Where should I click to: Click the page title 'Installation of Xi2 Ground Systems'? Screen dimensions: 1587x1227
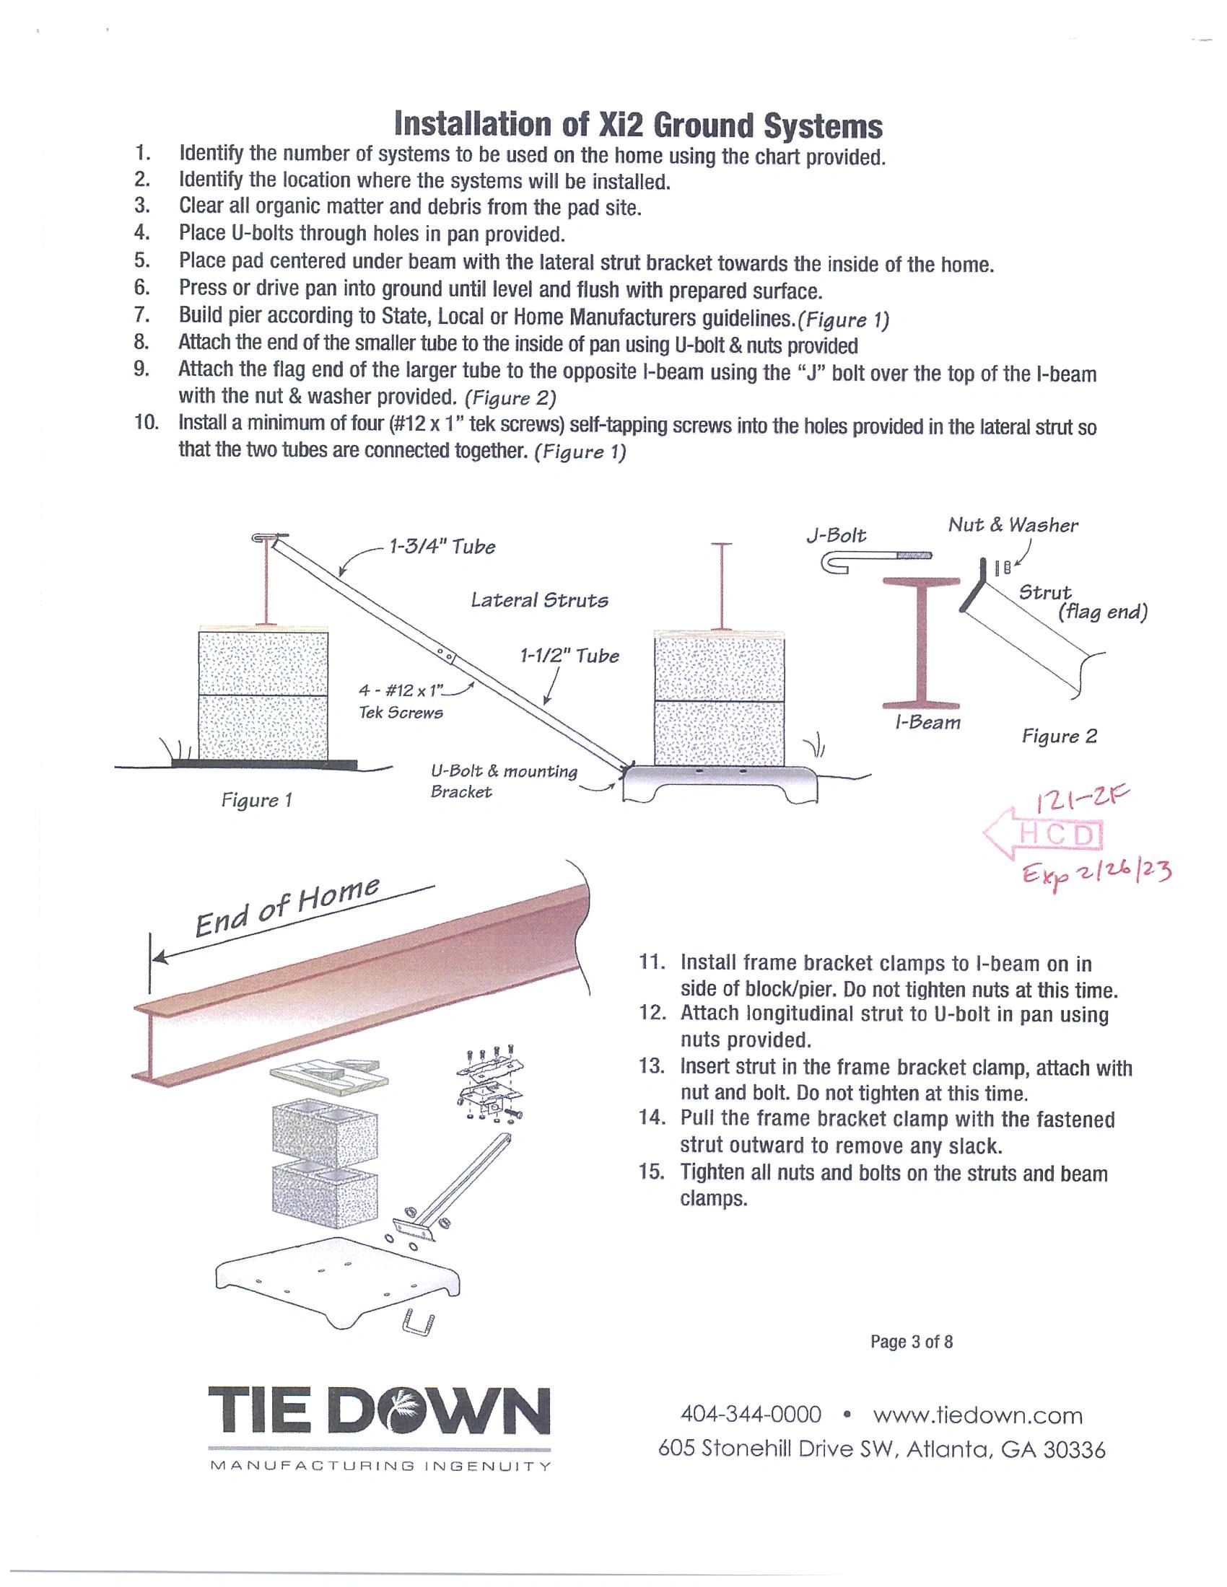(x=637, y=125)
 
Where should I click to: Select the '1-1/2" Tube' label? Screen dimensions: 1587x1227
(x=569, y=656)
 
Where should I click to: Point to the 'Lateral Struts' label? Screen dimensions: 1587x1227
(x=538, y=600)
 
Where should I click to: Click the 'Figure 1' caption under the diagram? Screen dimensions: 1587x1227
(x=257, y=800)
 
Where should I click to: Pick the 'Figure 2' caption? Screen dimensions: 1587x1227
(x=1059, y=736)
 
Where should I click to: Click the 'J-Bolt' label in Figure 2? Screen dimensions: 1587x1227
(x=836, y=535)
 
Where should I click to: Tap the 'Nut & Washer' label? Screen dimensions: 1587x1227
(x=1013, y=524)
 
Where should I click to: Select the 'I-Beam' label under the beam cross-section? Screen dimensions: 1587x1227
(x=927, y=722)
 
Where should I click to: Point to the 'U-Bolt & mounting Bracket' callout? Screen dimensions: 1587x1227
(x=503, y=781)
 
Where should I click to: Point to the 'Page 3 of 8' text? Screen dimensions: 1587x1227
(x=912, y=1342)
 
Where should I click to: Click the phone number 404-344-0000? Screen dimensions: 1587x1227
(x=750, y=1415)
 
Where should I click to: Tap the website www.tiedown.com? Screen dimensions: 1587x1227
(x=978, y=1415)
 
